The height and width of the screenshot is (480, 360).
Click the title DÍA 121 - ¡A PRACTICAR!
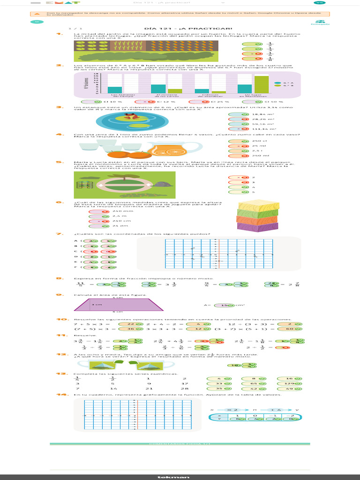[180, 28]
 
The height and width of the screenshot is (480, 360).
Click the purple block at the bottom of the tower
[257, 226]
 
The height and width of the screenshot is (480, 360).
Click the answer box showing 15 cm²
[225, 305]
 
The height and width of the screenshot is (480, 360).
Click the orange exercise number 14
[60, 395]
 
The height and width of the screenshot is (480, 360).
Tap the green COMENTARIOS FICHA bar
[180, 443]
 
